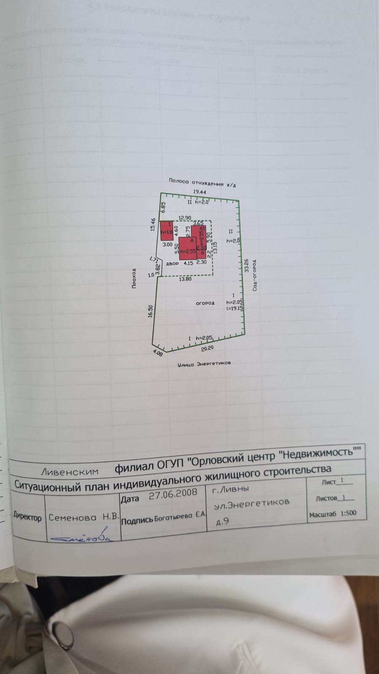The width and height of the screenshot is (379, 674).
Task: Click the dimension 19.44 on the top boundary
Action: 199,192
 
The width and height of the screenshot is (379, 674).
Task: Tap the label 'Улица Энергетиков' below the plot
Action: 204,363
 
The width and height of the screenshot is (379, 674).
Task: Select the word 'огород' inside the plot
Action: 205,303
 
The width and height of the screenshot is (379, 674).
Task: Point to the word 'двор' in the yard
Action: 172,263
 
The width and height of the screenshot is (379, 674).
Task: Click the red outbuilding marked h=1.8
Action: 167,231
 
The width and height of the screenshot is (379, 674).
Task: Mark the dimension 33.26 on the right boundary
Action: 246,266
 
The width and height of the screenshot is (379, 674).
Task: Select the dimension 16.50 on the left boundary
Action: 150,311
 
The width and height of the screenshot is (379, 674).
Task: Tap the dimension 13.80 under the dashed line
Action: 185,279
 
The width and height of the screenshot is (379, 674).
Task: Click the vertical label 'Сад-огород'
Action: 255,275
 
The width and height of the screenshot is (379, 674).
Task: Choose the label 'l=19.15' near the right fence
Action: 235,308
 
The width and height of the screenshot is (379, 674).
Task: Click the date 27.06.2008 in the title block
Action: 173,494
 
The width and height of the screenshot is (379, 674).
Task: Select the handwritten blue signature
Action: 82,538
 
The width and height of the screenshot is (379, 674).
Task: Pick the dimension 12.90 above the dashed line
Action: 185,218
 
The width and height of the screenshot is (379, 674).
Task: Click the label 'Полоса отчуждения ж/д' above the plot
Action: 202,182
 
